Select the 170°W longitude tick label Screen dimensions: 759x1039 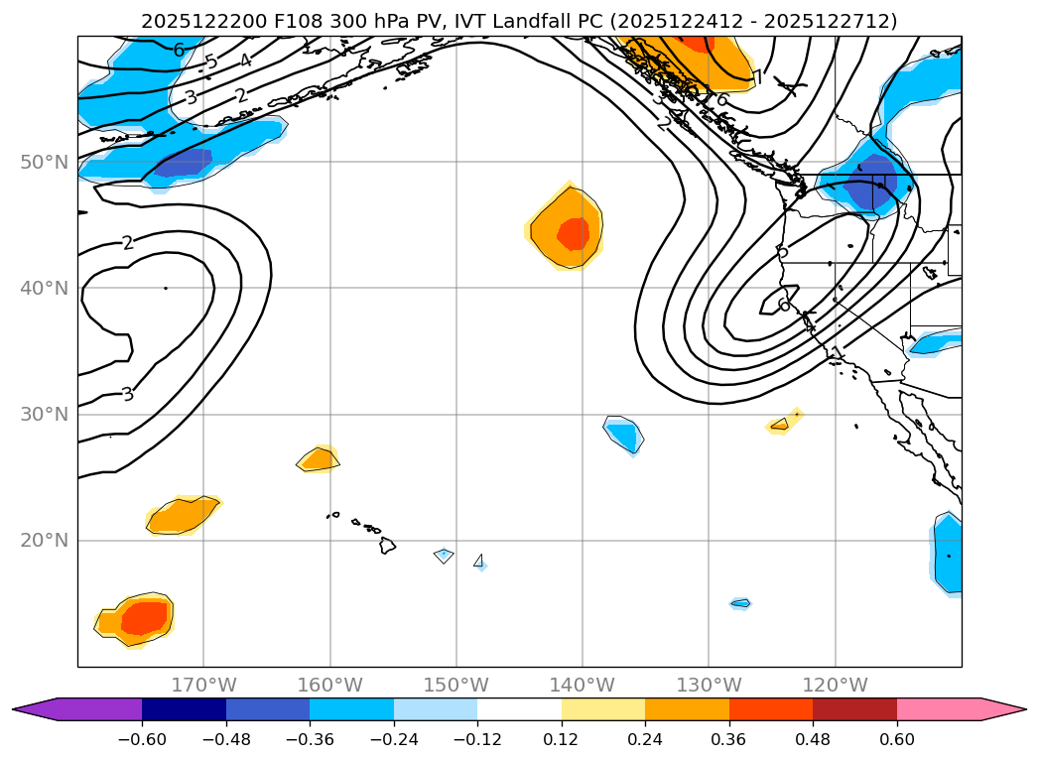tap(203, 685)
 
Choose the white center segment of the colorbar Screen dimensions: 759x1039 tap(519, 709)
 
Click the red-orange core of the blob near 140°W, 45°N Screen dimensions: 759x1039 tap(573, 234)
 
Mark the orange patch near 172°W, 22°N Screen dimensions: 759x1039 tap(182, 515)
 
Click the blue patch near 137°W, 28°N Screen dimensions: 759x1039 tap(624, 434)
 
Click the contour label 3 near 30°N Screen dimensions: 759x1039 tap(127, 394)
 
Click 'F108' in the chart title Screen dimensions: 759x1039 tap(261, 21)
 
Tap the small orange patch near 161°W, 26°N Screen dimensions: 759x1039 tap(320, 459)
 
